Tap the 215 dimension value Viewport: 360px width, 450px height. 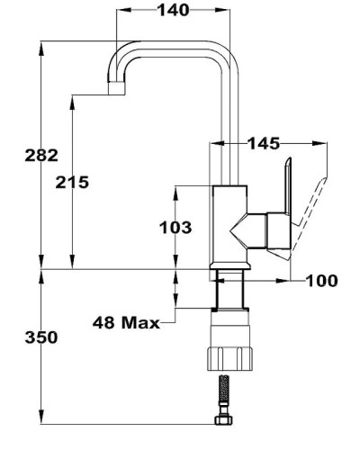71,182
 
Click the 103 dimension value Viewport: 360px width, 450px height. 175,228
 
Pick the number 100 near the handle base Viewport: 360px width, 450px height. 321,282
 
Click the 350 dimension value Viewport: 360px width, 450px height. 41,337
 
